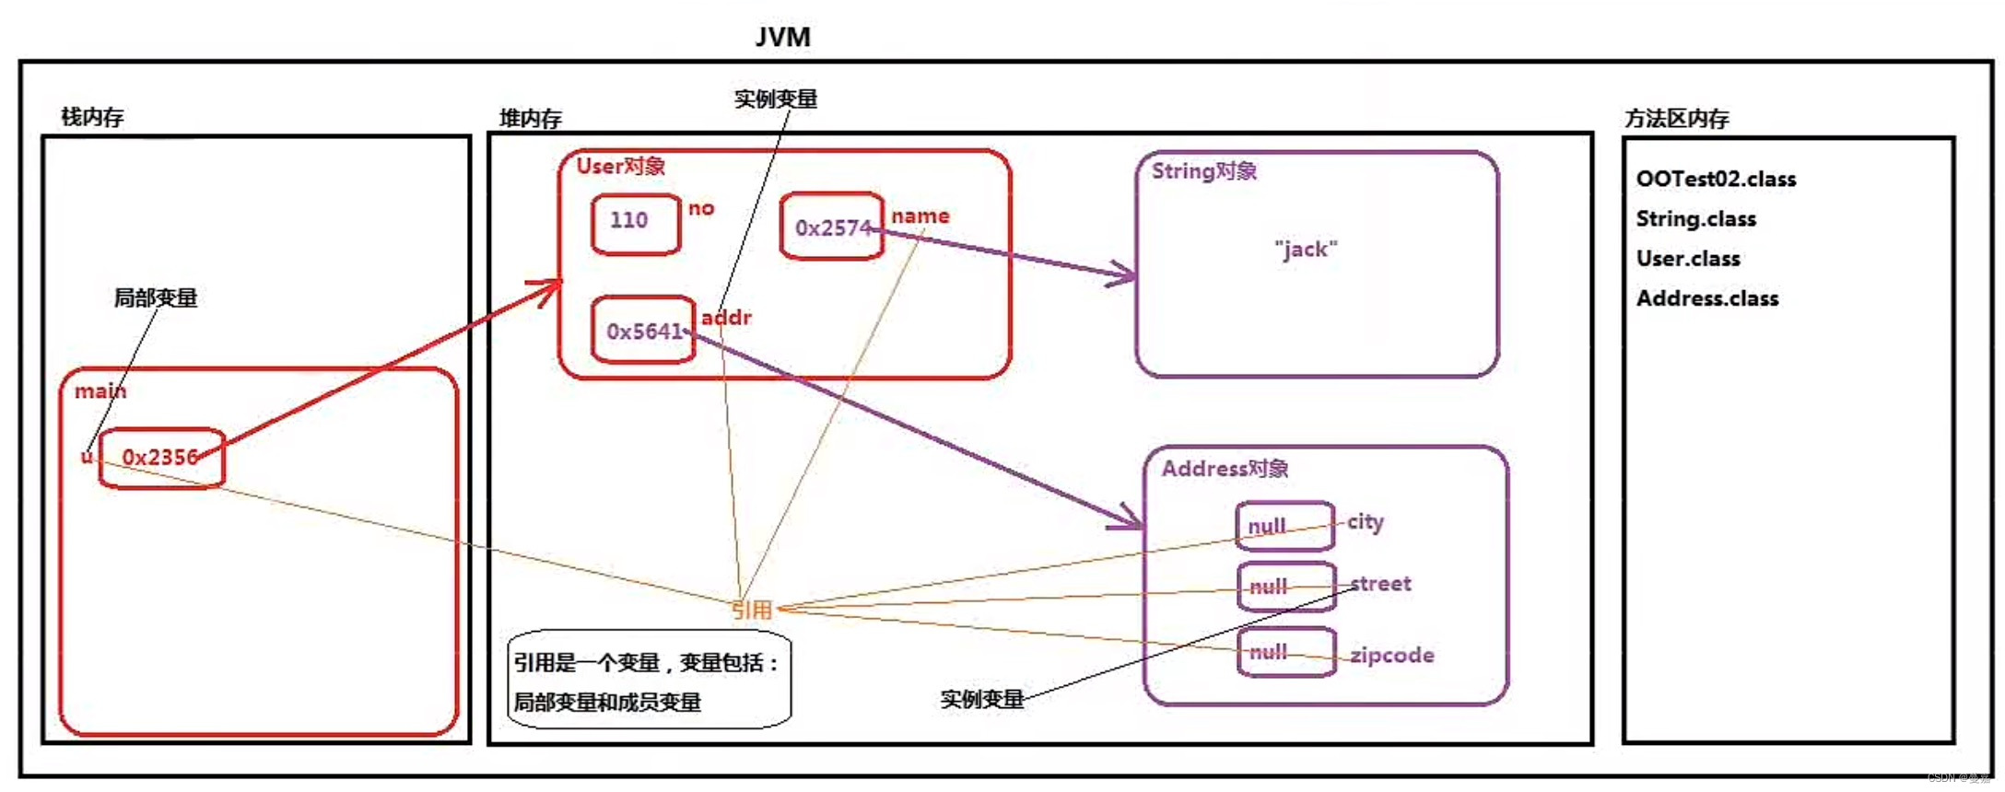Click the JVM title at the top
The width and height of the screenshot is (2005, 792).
click(782, 37)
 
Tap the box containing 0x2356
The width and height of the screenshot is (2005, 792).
click(161, 458)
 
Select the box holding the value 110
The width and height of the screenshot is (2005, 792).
click(635, 222)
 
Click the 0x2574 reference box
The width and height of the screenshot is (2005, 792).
click(831, 227)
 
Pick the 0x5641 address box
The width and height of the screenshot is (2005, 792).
click(642, 330)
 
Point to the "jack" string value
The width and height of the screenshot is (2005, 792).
click(1306, 250)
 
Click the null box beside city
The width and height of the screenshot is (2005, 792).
click(1284, 526)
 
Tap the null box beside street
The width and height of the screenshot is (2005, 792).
click(1285, 587)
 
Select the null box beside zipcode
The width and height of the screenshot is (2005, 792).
click(1285, 652)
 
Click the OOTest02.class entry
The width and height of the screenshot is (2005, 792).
click(1716, 180)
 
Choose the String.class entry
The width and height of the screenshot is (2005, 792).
click(1695, 219)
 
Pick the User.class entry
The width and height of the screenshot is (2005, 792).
click(1688, 259)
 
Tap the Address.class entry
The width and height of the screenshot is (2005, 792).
click(1707, 298)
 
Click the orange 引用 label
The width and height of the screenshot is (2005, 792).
click(752, 610)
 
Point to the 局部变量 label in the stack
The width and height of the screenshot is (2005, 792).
click(155, 298)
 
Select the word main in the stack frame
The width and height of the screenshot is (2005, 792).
click(100, 391)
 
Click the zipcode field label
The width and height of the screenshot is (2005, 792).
click(1391, 656)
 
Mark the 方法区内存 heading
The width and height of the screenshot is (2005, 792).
click(1676, 119)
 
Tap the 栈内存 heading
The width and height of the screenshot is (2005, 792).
click(92, 117)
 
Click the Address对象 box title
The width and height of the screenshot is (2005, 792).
click(1225, 469)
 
